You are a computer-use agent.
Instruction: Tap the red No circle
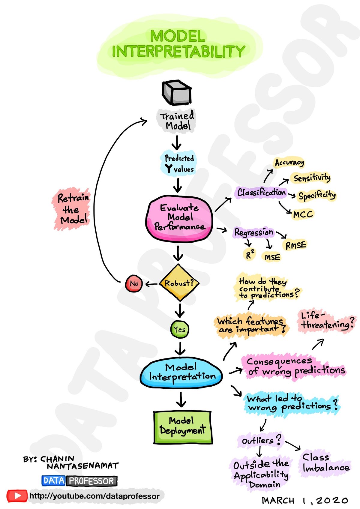pyautogui.click(x=134, y=283)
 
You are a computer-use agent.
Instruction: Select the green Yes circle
pyautogui.click(x=180, y=329)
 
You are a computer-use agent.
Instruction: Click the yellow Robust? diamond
pyautogui.click(x=179, y=283)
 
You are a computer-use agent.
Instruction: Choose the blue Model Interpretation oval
pyautogui.click(x=181, y=372)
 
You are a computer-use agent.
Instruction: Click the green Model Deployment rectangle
pyautogui.click(x=183, y=427)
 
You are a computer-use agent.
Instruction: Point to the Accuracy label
pyautogui.click(x=289, y=163)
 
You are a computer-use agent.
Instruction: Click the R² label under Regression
pyautogui.click(x=250, y=255)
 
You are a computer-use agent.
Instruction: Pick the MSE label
pyautogui.click(x=272, y=257)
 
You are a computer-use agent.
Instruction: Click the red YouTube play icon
pyautogui.click(x=17, y=496)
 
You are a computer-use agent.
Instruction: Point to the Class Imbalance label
pyautogui.click(x=325, y=463)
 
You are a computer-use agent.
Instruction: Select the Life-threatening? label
pyautogui.click(x=327, y=321)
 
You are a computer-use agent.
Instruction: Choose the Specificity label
pyautogui.click(x=317, y=196)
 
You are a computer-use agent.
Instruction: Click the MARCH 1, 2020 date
pyautogui.click(x=304, y=500)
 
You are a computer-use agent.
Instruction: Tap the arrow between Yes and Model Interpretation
pyautogui.click(x=180, y=348)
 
